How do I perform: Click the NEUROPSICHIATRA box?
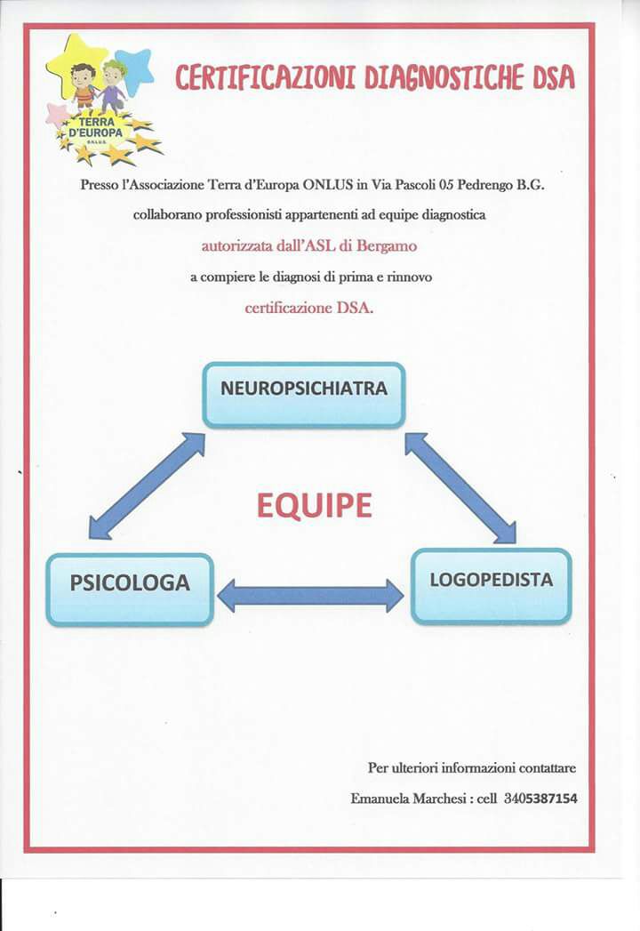coord(303,395)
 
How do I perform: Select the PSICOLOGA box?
coord(130,590)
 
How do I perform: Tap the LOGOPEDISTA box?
coord(491,586)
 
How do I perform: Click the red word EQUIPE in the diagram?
coord(314,506)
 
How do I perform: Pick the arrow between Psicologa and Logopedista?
coord(310,596)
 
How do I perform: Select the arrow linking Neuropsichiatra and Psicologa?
coord(147,486)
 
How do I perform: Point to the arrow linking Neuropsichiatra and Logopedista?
coord(460,487)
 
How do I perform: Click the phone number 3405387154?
coord(540,799)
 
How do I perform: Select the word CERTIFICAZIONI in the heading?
coord(265,77)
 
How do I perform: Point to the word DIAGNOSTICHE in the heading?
coord(444,77)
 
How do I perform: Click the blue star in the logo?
coord(134,70)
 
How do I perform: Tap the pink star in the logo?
coord(57,115)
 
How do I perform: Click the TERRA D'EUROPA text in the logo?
coord(95,128)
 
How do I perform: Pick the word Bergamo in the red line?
coord(387,246)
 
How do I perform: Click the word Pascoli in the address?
coord(413,185)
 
